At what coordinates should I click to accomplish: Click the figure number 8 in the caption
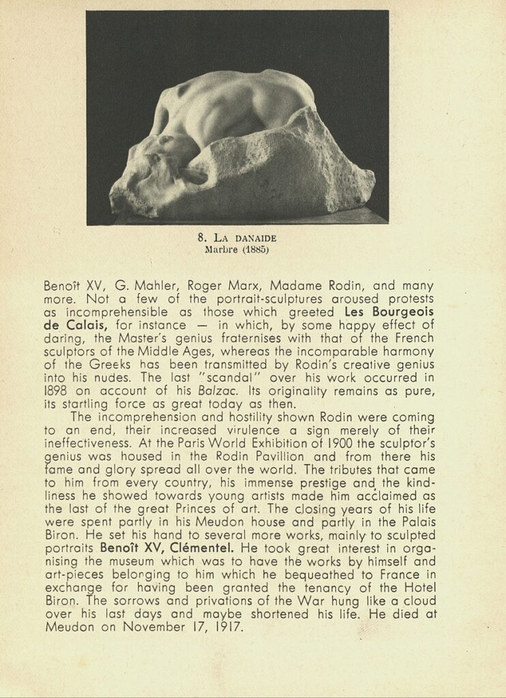(201, 238)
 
